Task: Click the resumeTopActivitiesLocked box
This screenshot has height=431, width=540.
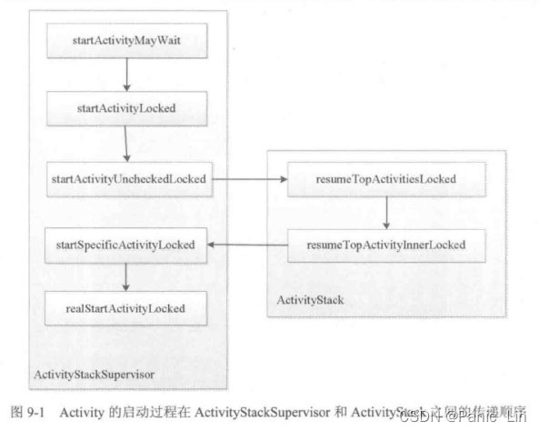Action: point(387,179)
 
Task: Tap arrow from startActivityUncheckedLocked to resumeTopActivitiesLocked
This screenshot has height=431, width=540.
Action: point(249,179)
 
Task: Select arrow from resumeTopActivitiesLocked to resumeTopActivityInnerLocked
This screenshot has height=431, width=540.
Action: point(387,212)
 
